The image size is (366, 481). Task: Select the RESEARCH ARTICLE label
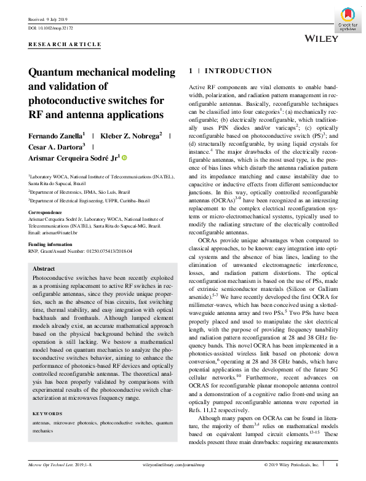point(65,45)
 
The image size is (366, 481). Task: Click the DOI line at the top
point(51,28)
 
